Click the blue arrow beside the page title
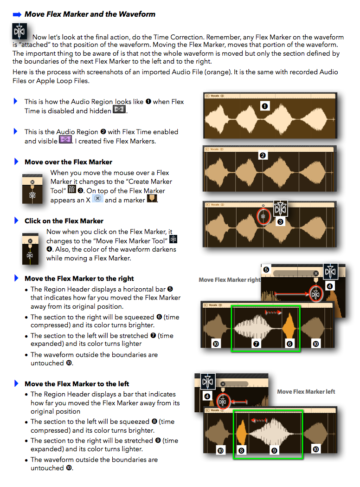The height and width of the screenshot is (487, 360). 17,14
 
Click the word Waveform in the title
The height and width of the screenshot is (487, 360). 137,14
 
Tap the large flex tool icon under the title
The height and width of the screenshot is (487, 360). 19,31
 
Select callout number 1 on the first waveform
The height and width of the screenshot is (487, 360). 265,106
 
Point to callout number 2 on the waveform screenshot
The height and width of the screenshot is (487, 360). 263,156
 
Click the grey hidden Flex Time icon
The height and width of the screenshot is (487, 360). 119,109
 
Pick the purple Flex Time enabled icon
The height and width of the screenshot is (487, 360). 65,139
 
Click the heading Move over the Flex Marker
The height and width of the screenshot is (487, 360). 68,162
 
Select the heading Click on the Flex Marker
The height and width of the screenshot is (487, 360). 64,221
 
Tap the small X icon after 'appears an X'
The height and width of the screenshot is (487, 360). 97,198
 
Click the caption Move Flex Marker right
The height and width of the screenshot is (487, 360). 229,279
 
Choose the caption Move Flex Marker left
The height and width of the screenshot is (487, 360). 306,392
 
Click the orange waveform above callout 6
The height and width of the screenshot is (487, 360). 289,325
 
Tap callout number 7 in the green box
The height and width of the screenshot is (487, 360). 256,344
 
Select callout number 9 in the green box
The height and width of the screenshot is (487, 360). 274,450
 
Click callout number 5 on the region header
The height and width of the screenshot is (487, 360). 266,270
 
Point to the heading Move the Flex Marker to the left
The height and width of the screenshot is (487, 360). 77,384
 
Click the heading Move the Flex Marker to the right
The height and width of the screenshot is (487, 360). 79,279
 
